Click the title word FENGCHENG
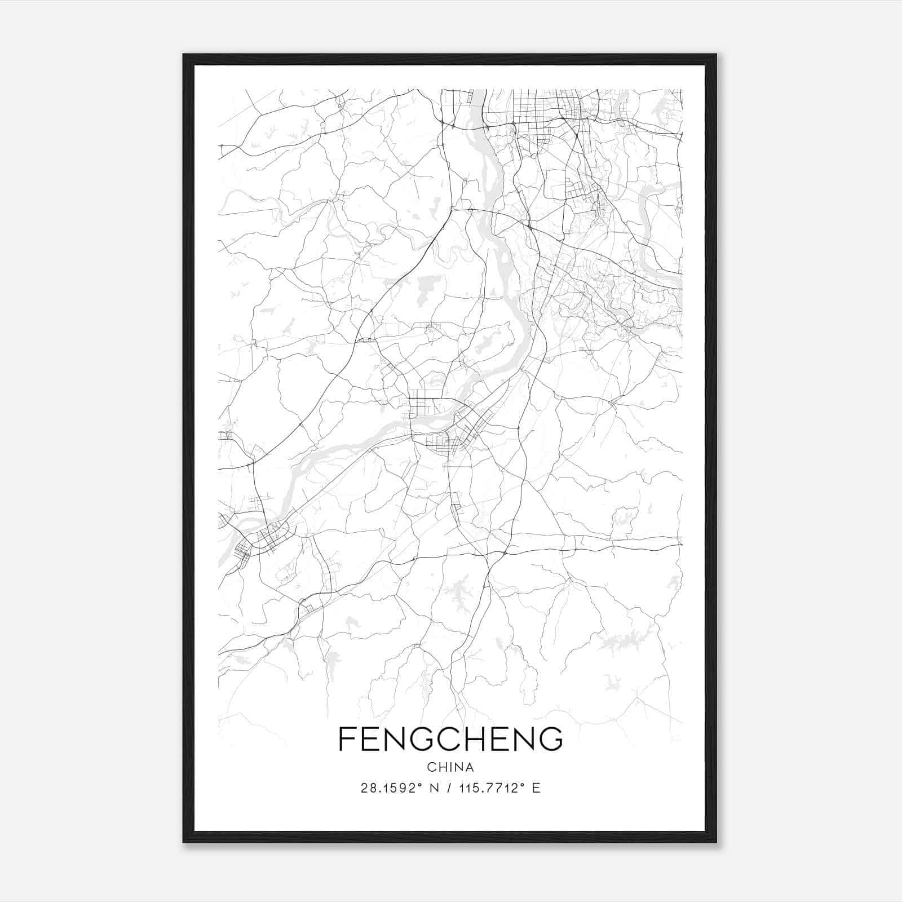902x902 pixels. (x=450, y=739)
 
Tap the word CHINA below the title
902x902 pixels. (x=450, y=767)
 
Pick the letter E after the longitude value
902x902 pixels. (x=536, y=788)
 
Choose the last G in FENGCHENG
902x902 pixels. (x=549, y=739)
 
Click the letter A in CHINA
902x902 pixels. (x=470, y=767)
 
